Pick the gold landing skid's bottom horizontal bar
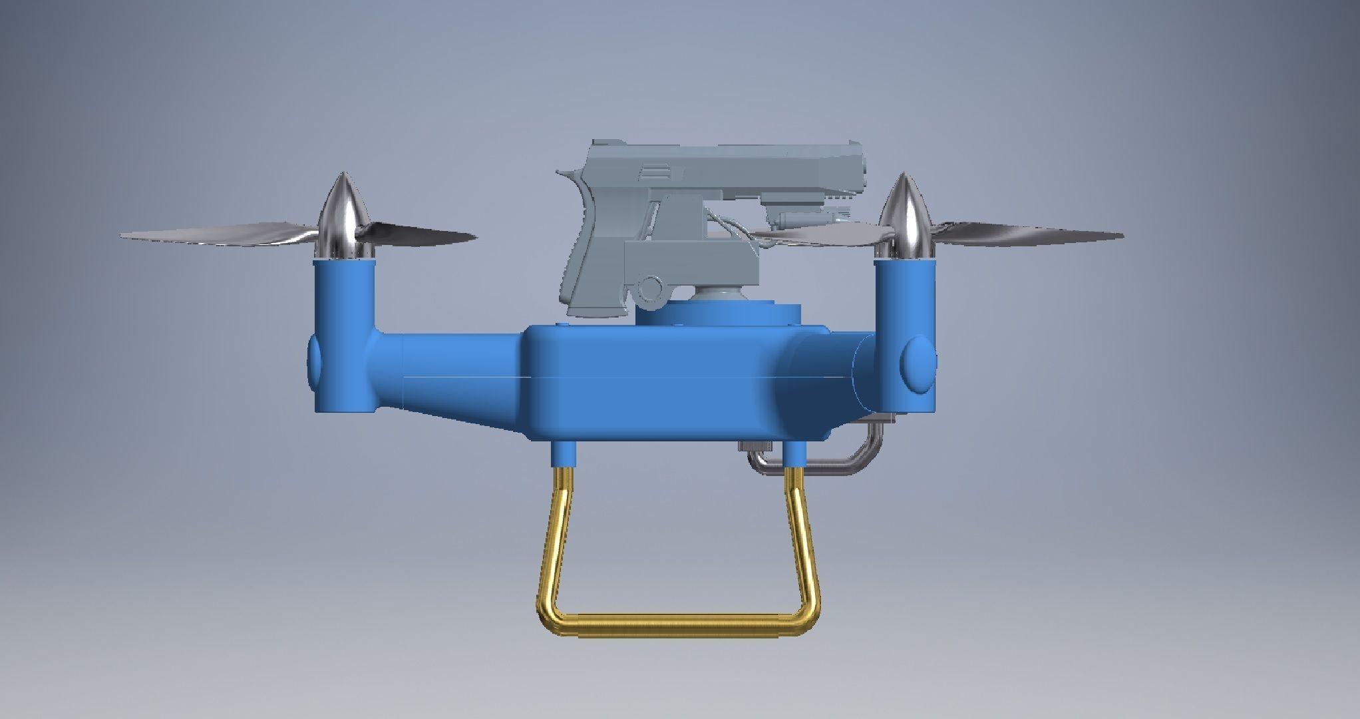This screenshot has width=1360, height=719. [x=679, y=626]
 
